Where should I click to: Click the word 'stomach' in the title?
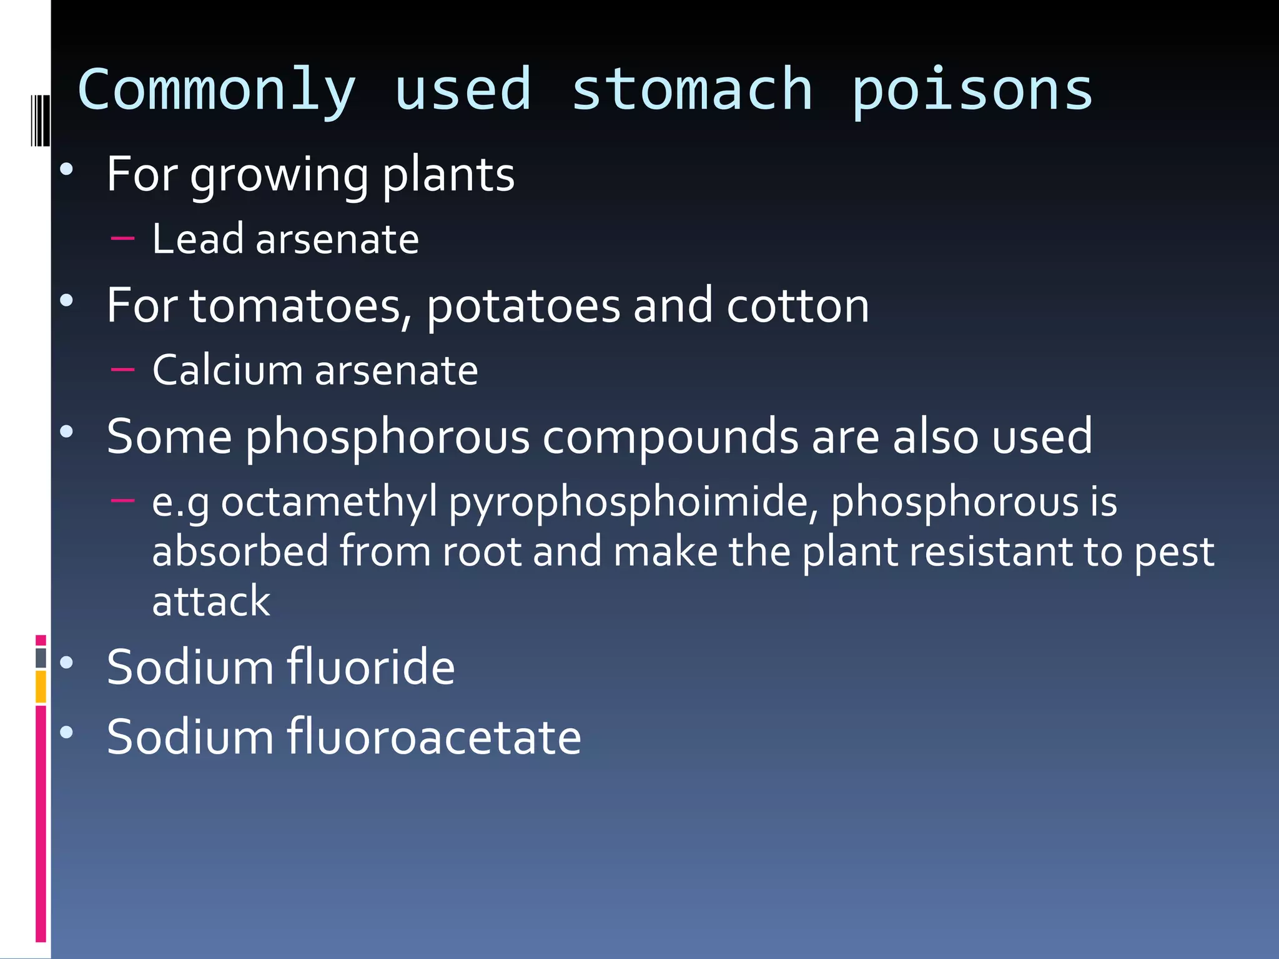(x=692, y=91)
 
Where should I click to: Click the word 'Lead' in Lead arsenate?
(x=197, y=239)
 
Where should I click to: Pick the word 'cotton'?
(x=798, y=306)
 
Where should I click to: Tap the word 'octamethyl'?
(x=329, y=503)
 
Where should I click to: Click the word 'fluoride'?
(x=371, y=667)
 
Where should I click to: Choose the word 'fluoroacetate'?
(x=434, y=737)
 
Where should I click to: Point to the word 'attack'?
(x=211, y=601)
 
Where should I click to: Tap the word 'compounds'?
(x=670, y=436)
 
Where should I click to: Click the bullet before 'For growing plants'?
(x=67, y=169)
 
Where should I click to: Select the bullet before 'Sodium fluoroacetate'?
(x=67, y=732)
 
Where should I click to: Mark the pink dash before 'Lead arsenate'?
(x=122, y=238)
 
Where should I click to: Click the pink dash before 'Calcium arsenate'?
(x=122, y=369)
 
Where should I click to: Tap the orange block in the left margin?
(x=41, y=686)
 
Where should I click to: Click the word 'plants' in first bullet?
(x=448, y=175)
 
